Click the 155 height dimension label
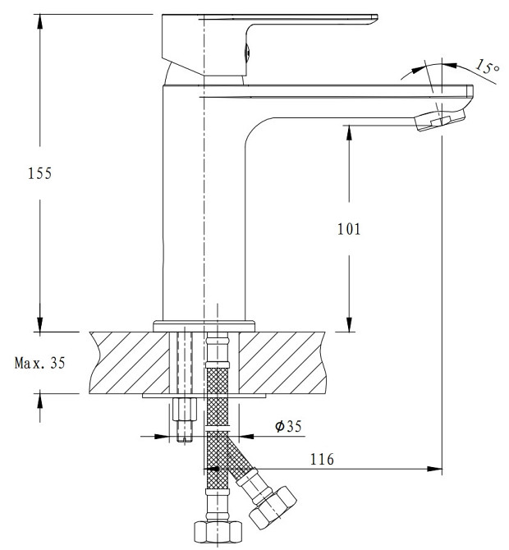pos(39,173)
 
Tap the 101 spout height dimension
pos(349,229)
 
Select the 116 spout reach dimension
pos(323,459)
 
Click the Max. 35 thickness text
pos(39,362)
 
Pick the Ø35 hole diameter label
pos(289,426)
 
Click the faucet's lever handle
pos(312,22)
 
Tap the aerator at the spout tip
pos(435,121)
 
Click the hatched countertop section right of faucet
pos(283,361)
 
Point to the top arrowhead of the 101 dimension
pos(349,131)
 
